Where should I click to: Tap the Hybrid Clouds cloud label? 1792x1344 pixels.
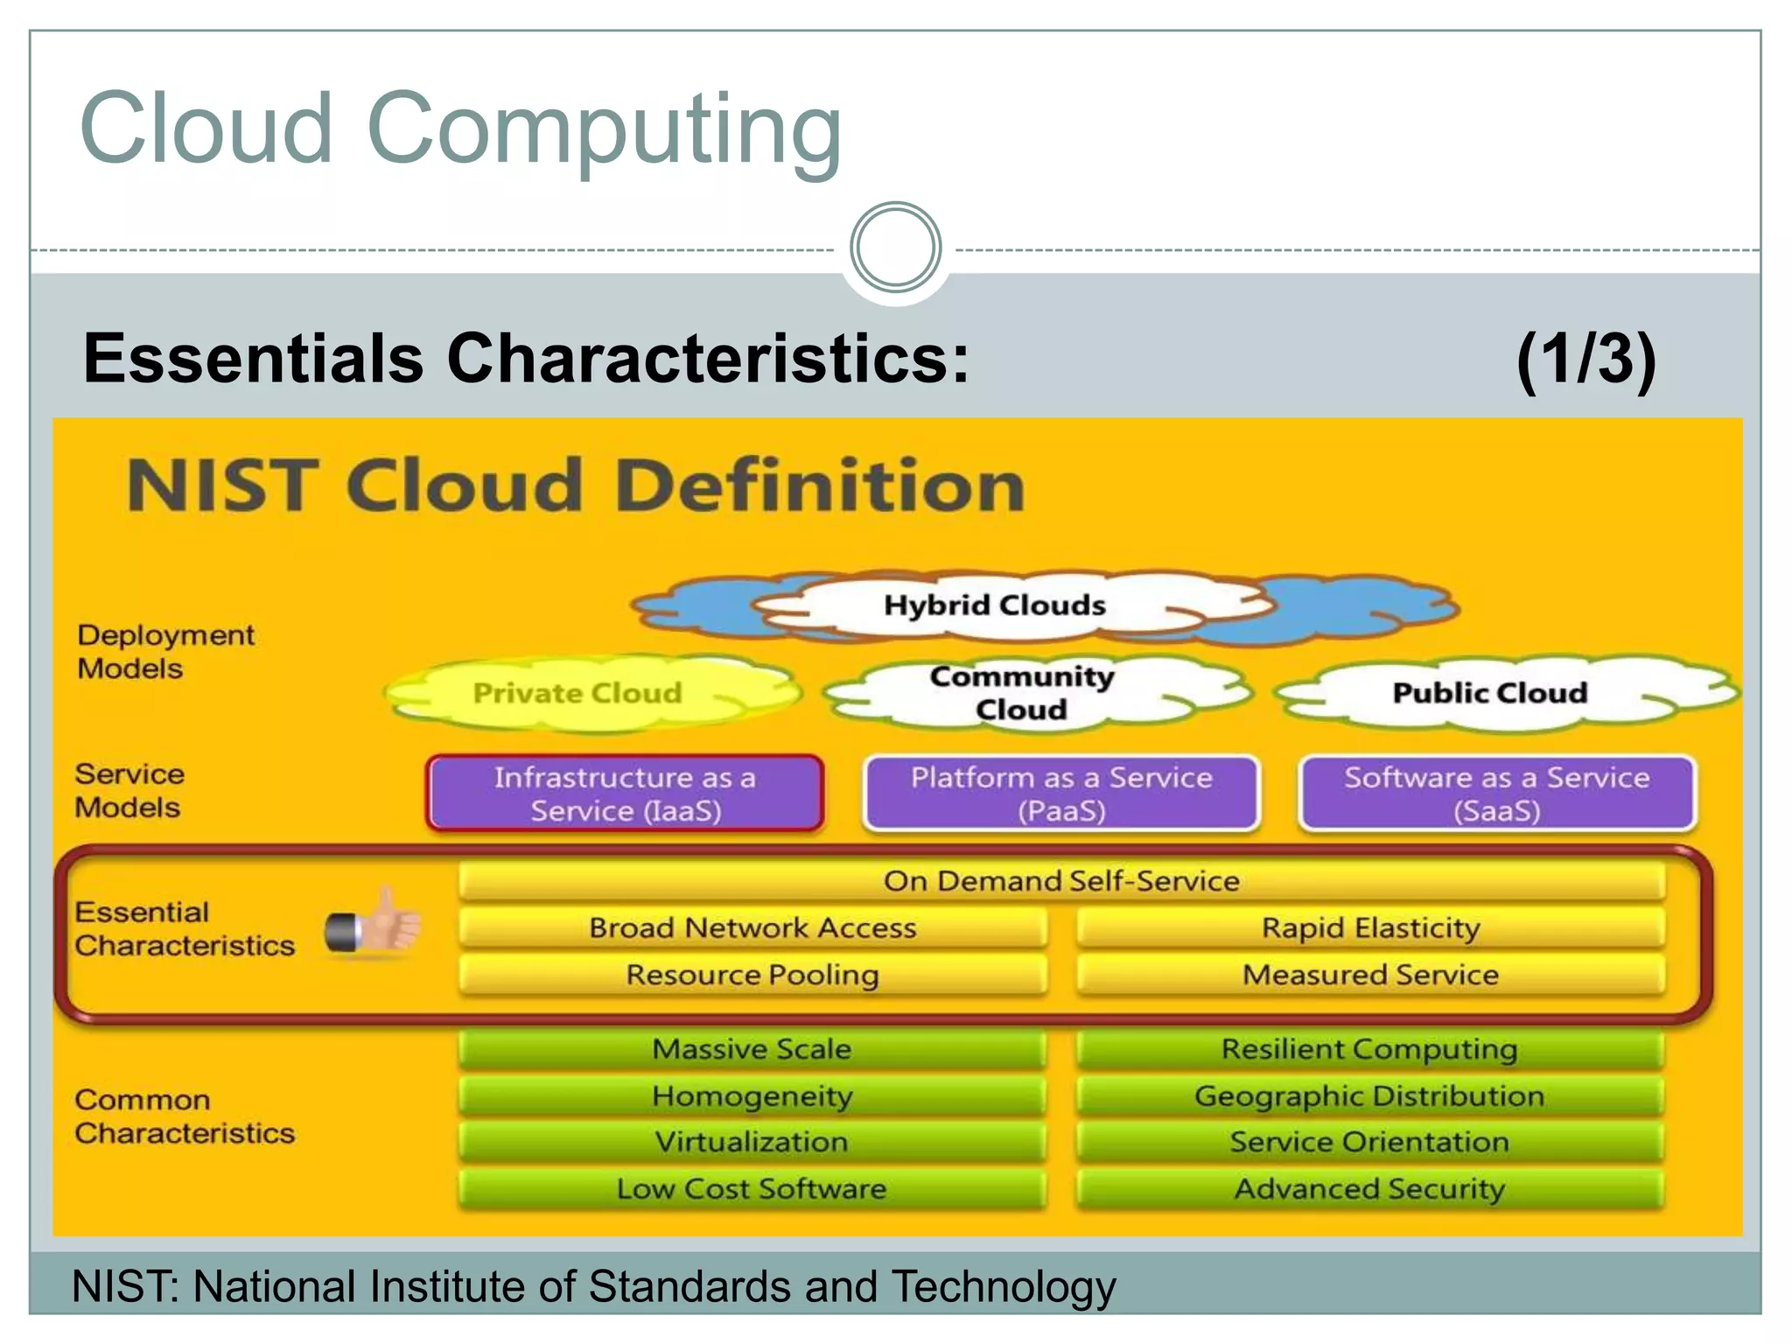994,605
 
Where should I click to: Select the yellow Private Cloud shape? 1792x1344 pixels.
577,693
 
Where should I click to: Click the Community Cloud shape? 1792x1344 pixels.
1021,692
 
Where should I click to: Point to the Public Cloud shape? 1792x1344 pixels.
1489,693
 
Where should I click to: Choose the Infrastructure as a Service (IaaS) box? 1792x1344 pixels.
625,794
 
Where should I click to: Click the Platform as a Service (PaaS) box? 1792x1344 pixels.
1061,794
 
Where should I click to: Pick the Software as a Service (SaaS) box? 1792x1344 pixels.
1496,794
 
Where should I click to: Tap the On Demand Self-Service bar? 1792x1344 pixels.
1060,881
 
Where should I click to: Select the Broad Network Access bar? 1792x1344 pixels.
752,927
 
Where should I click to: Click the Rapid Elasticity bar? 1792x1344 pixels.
1370,927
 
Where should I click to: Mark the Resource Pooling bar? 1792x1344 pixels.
752,975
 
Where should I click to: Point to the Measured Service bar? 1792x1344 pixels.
1370,975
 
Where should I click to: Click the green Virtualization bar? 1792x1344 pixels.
752,1142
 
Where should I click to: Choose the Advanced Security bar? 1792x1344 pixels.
1370,1189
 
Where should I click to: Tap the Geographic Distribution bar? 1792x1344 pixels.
1370,1095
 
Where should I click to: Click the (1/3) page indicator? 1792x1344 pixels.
1585,359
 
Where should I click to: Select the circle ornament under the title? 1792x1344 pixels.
895,248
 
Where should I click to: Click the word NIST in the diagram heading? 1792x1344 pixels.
222,486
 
